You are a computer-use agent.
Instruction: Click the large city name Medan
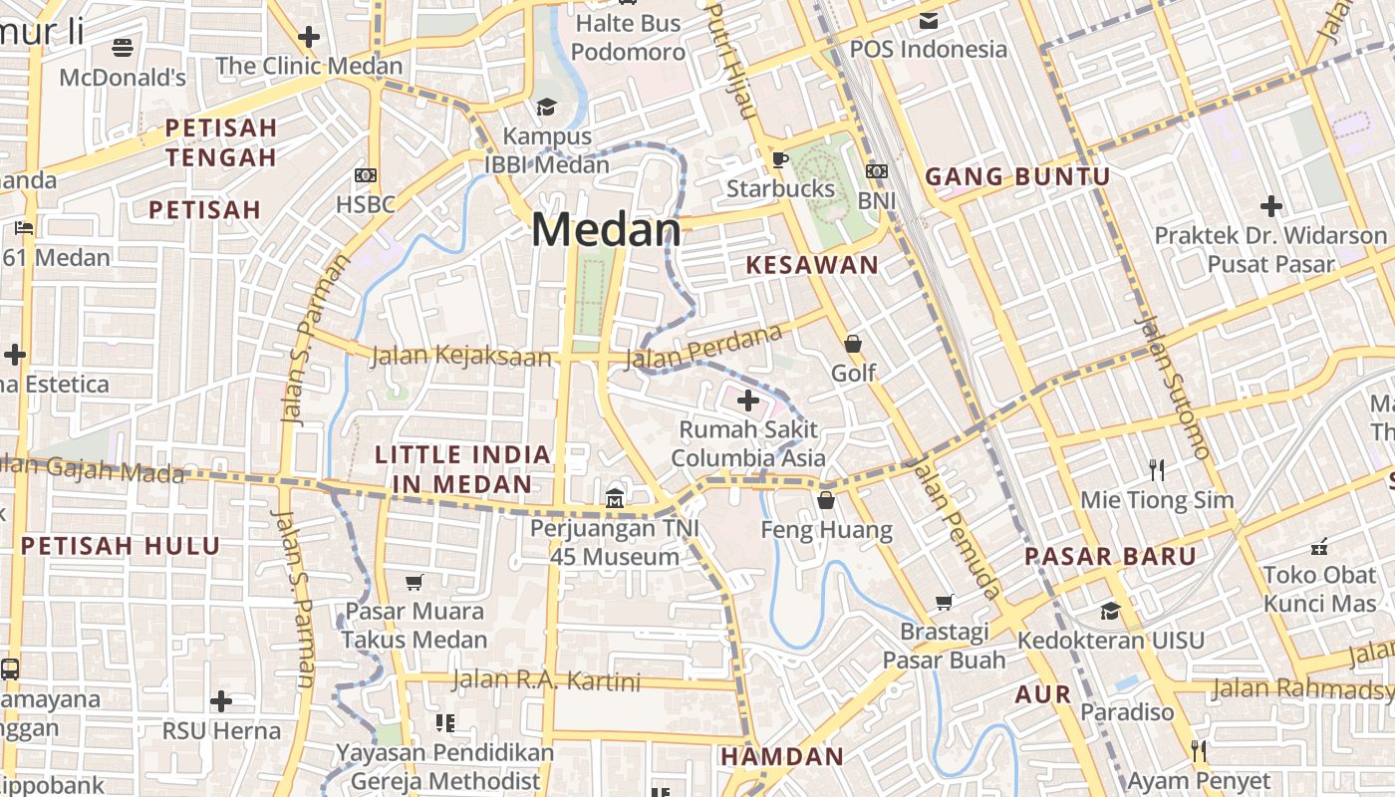pyautogui.click(x=606, y=230)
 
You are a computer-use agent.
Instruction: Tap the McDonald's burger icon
pyautogui.click(x=123, y=47)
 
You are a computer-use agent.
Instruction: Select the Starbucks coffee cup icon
pyautogui.click(x=780, y=159)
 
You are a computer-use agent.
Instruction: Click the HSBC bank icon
pyautogui.click(x=366, y=175)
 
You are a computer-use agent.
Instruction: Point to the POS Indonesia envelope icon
pyautogui.click(x=929, y=21)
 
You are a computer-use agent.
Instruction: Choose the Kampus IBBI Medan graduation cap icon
pyautogui.click(x=546, y=107)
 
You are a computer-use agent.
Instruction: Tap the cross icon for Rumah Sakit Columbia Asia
pyautogui.click(x=747, y=400)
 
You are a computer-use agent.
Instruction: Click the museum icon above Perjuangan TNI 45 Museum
pyautogui.click(x=615, y=497)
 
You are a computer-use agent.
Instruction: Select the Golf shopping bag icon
pyautogui.click(x=853, y=344)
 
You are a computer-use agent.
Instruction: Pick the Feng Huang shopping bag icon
pyautogui.click(x=826, y=500)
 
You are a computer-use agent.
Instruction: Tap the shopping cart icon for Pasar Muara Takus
pyautogui.click(x=415, y=582)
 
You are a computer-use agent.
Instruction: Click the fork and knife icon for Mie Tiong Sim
pyautogui.click(x=1157, y=469)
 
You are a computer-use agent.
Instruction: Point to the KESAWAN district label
pyautogui.click(x=812, y=265)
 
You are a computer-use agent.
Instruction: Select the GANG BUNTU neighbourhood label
pyautogui.click(x=1017, y=177)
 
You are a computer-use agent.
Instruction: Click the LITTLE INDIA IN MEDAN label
pyautogui.click(x=462, y=469)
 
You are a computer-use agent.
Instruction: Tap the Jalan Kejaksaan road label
pyautogui.click(x=460, y=357)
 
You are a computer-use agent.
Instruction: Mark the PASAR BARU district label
pyautogui.click(x=1110, y=556)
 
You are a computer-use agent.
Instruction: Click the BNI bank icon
pyautogui.click(x=877, y=171)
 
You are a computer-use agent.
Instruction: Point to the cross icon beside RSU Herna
pyautogui.click(x=221, y=700)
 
